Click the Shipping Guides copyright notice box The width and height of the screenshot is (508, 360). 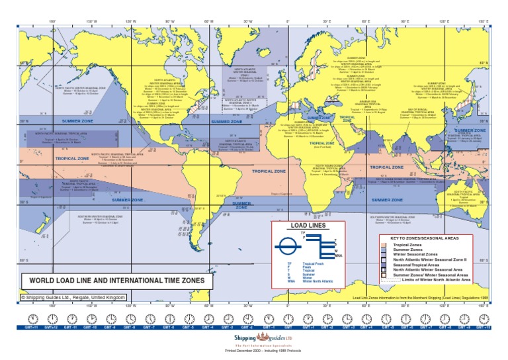73,298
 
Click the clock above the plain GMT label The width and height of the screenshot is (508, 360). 288,318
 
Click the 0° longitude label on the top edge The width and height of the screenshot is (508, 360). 288,22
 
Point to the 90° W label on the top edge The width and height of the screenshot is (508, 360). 170,22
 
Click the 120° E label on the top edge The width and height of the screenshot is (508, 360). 444,22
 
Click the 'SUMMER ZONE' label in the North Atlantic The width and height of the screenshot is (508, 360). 227,122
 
